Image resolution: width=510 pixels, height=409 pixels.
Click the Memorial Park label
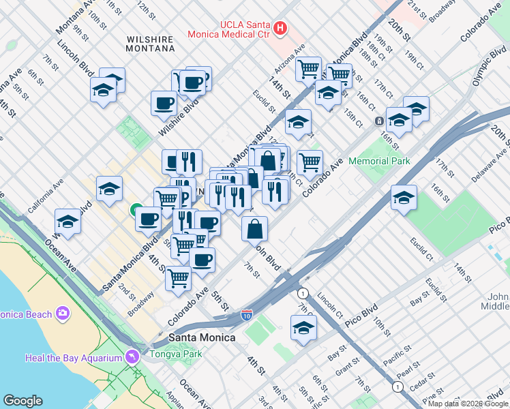point(379,161)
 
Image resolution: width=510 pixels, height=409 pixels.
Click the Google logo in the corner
point(22,401)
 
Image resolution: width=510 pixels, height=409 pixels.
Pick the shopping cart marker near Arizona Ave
point(309,68)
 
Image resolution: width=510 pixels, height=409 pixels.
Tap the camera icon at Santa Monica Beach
point(63,314)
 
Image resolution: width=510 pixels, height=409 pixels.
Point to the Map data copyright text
point(468,404)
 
